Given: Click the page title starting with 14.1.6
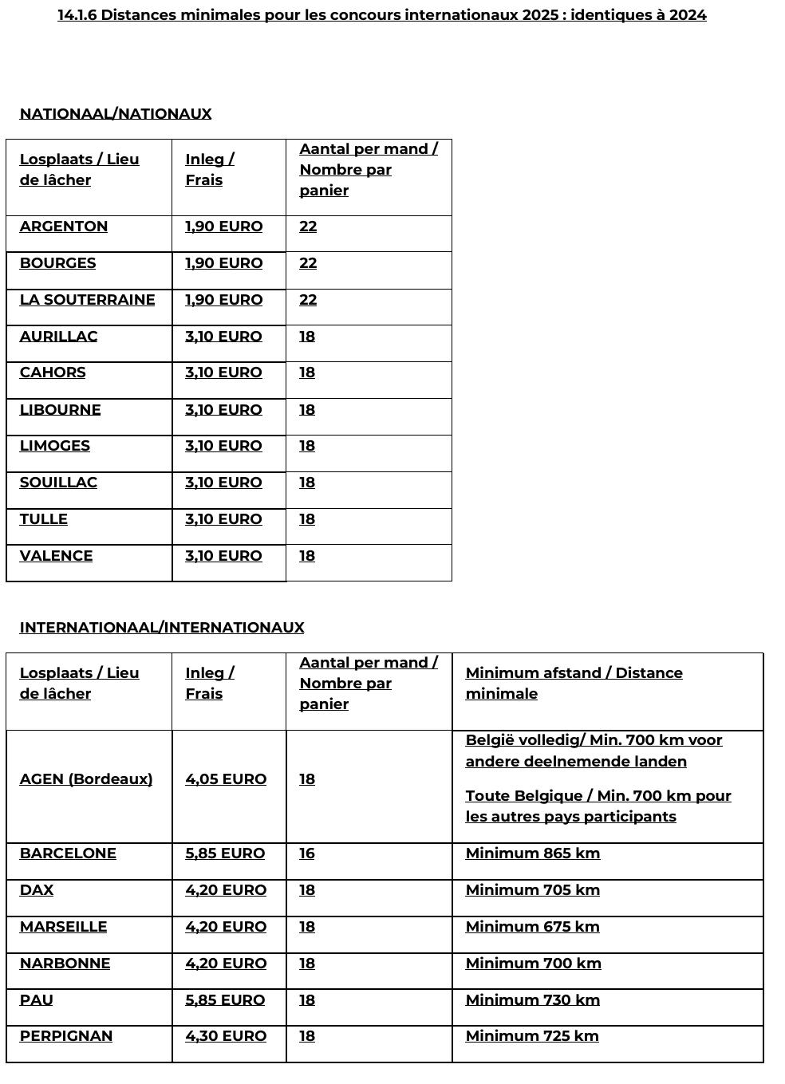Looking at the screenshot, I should pyautogui.click(x=381, y=15).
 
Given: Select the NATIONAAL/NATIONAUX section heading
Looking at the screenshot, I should pyautogui.click(x=116, y=113).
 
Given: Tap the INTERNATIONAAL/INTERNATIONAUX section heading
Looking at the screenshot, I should pyautogui.click(x=162, y=627).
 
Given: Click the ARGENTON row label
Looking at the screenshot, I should pyautogui.click(x=64, y=227).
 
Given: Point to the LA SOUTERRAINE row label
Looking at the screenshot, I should pyautogui.click(x=88, y=300).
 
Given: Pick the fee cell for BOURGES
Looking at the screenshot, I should pyautogui.click(x=223, y=263).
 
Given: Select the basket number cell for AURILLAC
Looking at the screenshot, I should pyautogui.click(x=307, y=337).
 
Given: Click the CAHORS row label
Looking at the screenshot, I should pyautogui.click(x=53, y=373).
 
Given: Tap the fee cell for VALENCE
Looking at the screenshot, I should pyautogui.click(x=223, y=556).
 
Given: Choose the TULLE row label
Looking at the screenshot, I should pyautogui.click(x=44, y=519).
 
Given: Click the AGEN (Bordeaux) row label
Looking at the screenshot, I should pyautogui.click(x=86, y=779).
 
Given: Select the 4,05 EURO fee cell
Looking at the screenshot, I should pyautogui.click(x=226, y=779).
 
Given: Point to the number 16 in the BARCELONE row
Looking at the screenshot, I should pyautogui.click(x=307, y=853).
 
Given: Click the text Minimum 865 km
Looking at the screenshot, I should pyautogui.click(x=533, y=853).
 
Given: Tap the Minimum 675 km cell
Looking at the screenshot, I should pyautogui.click(x=533, y=927).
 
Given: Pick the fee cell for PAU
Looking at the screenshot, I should pyautogui.click(x=225, y=1000).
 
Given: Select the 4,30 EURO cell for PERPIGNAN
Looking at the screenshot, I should pyautogui.click(x=226, y=1036).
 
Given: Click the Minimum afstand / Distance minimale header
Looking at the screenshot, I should pyautogui.click(x=574, y=683).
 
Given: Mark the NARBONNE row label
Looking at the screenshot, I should pyautogui.click(x=65, y=964).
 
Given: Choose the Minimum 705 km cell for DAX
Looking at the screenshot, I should pyautogui.click(x=533, y=890).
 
